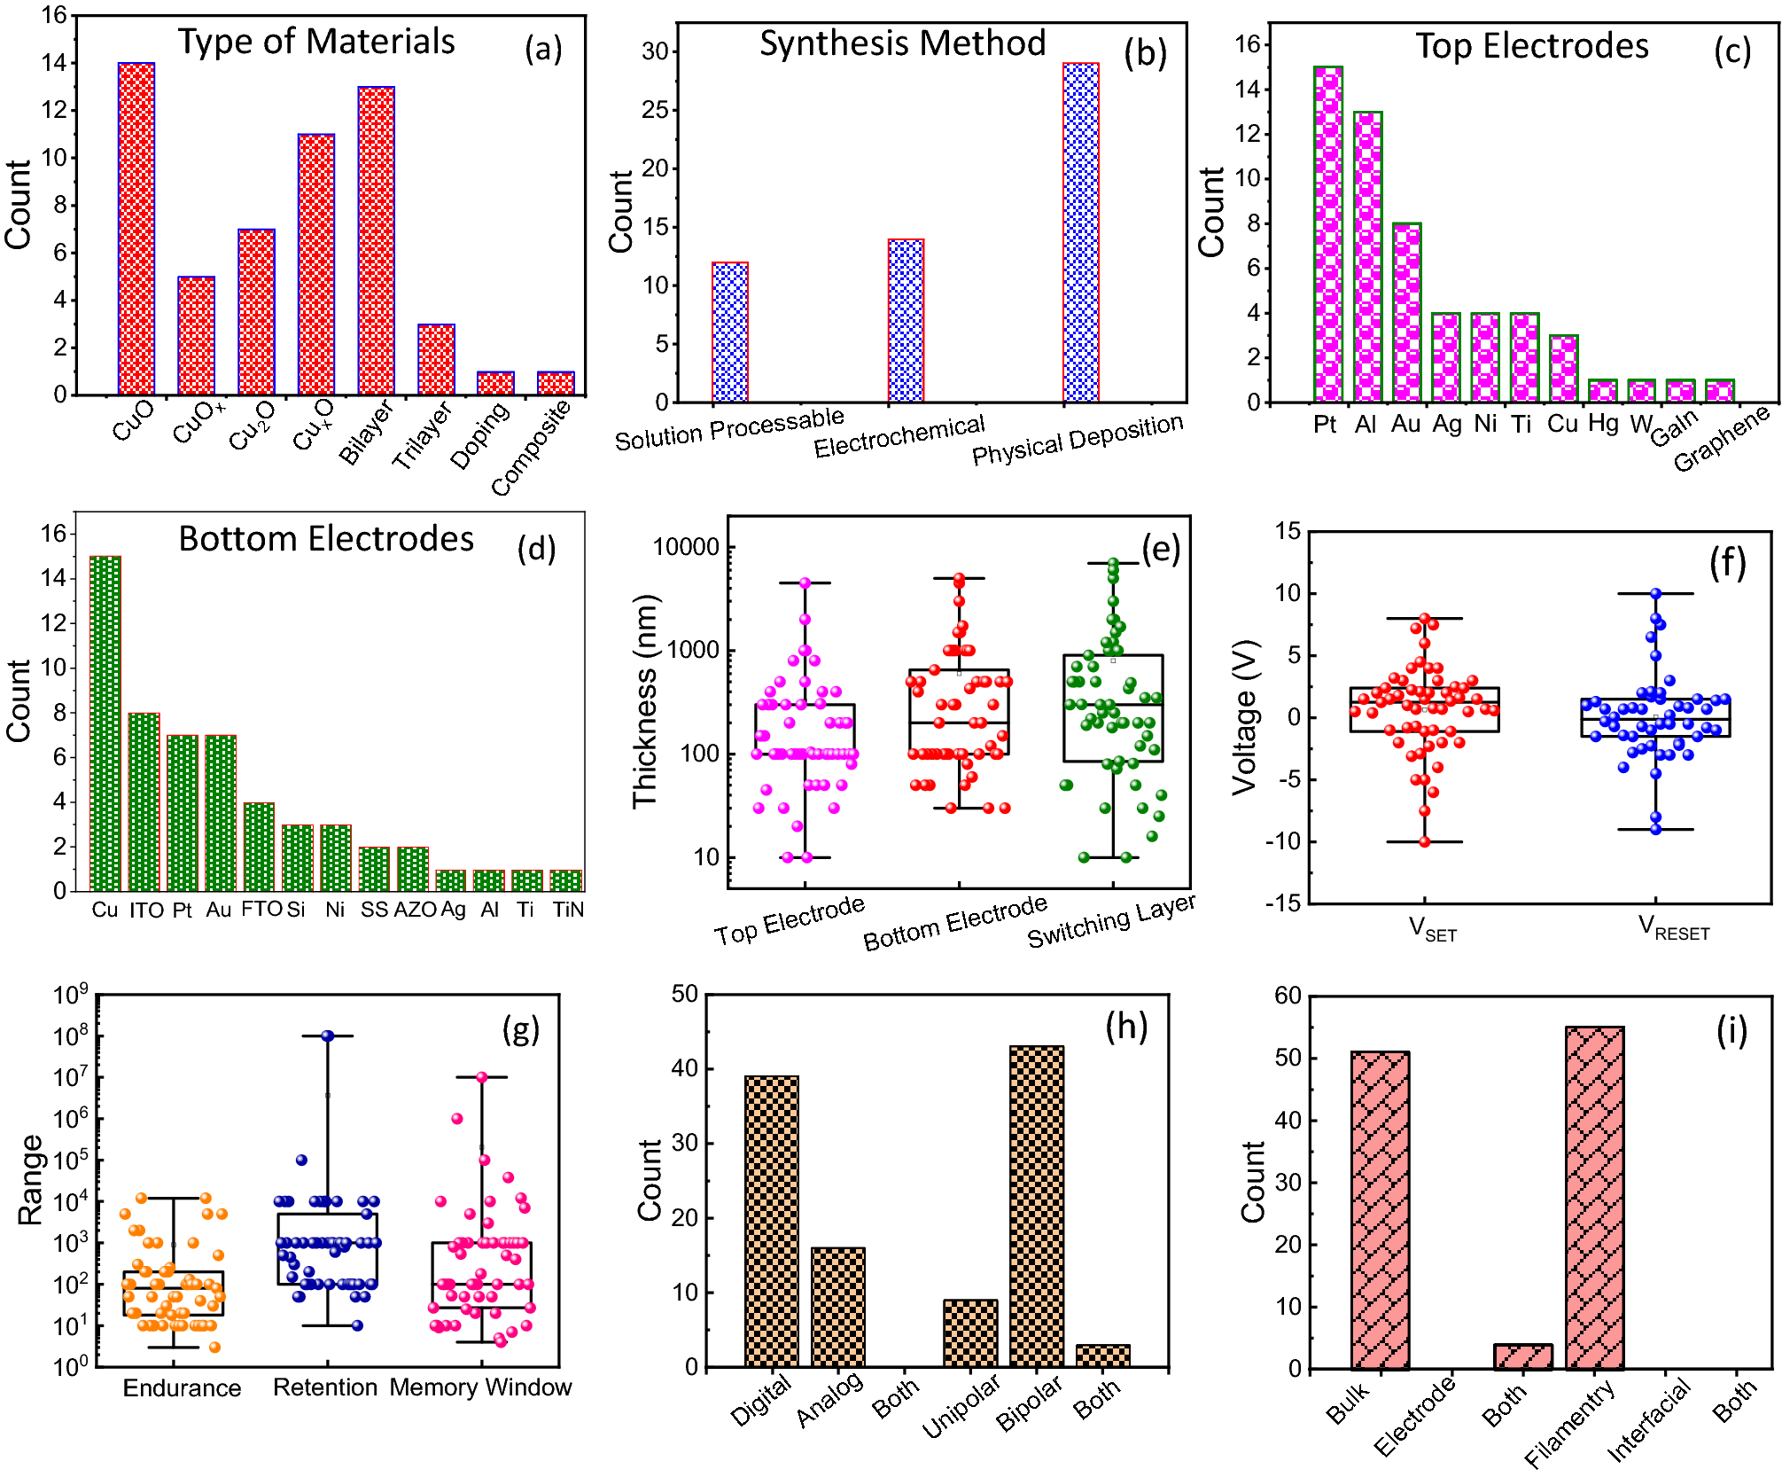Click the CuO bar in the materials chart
click(x=136, y=229)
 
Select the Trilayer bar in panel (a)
click(x=436, y=359)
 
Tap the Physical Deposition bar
click(x=1080, y=232)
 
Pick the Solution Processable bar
click(x=730, y=332)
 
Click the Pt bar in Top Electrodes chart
click(x=1327, y=234)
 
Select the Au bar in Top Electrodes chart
click(x=1406, y=312)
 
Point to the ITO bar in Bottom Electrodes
click(x=144, y=801)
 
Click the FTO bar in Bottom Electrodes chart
click(x=259, y=847)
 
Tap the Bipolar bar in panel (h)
click(x=1036, y=1207)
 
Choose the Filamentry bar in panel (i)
click(x=1594, y=1198)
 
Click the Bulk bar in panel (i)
click(x=1380, y=1210)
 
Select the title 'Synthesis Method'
click(x=902, y=43)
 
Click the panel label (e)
click(x=1160, y=549)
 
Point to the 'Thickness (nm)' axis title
click(x=646, y=701)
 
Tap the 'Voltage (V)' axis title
click(x=1245, y=717)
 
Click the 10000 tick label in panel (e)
click(x=686, y=547)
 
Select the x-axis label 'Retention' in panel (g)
click(x=324, y=1387)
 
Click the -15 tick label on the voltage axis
click(x=1282, y=903)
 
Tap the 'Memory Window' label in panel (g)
click(x=480, y=1387)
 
